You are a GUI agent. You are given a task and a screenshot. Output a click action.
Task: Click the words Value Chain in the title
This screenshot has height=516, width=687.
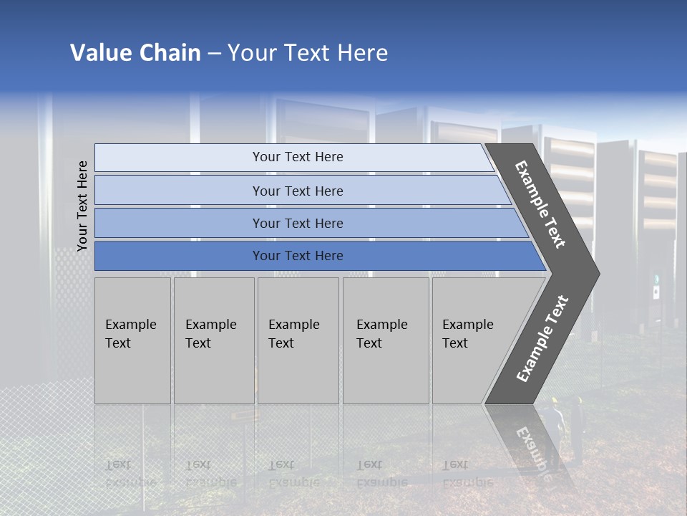[x=135, y=53]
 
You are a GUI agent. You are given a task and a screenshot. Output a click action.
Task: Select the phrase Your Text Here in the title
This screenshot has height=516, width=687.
[x=308, y=53]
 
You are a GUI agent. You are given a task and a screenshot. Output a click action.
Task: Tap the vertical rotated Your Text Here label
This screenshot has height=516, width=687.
[x=82, y=206]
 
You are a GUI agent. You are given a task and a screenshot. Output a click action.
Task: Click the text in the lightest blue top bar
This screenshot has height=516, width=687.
[x=298, y=157]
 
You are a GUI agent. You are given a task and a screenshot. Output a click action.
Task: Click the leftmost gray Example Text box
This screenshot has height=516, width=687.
[x=132, y=340]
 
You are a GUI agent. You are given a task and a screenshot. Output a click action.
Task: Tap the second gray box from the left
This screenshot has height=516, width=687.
[x=213, y=340]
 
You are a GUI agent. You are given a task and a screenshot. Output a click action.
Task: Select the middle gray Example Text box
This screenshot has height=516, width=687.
[x=298, y=340]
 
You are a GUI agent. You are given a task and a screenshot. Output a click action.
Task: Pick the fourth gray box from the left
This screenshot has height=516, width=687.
[x=385, y=340]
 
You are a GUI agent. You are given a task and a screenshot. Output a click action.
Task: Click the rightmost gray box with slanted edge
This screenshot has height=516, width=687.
[x=472, y=340]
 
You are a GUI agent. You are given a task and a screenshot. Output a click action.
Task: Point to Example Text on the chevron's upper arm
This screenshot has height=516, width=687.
[x=540, y=204]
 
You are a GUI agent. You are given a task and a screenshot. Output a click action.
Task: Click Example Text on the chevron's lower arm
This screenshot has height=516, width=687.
[x=542, y=338]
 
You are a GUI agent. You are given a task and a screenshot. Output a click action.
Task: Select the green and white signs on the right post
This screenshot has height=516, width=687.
[x=656, y=285]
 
